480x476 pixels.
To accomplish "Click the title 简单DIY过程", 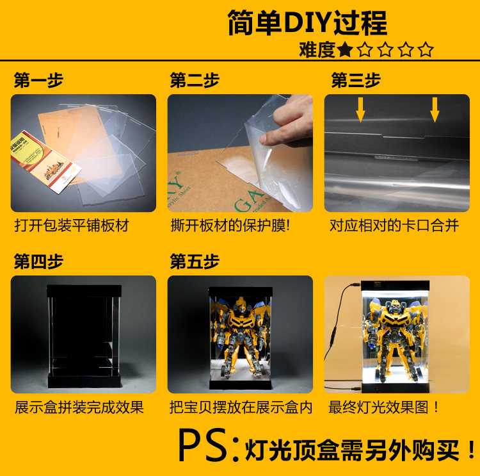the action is tap(307, 22).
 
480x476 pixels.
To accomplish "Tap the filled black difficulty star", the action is tap(345, 49).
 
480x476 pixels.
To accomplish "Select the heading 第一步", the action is tap(38, 80).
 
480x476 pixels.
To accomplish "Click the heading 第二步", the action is tap(195, 80).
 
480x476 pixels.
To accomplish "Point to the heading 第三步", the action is tap(356, 80).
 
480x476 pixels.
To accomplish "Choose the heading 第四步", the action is tap(38, 261).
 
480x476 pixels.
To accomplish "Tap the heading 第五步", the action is tap(195, 261).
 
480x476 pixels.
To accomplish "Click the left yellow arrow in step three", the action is tap(360, 110).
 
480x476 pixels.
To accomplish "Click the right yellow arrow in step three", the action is tap(435, 110).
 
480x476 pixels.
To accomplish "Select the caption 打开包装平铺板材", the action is tap(72, 226).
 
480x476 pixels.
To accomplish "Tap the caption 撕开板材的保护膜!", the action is tap(230, 226).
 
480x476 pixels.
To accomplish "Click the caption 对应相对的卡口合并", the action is tap(394, 226).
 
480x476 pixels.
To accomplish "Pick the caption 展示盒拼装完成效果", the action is tap(79, 407).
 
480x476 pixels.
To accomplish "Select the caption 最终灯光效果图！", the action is tap(383, 407).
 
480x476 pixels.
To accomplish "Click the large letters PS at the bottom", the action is tap(204, 445).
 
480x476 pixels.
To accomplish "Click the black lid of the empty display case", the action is tap(84, 291).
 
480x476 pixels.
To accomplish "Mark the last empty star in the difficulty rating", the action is tap(426, 49).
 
